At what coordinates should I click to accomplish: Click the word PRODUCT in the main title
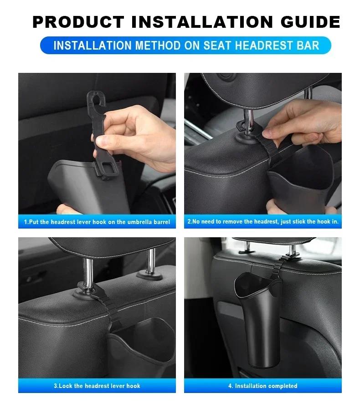click(x=78, y=22)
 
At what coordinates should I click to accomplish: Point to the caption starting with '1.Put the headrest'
click(x=97, y=222)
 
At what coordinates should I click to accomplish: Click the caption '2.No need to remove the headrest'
click(x=263, y=222)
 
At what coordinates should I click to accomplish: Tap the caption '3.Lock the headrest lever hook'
click(x=97, y=386)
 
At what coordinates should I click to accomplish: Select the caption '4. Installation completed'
click(x=263, y=386)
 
